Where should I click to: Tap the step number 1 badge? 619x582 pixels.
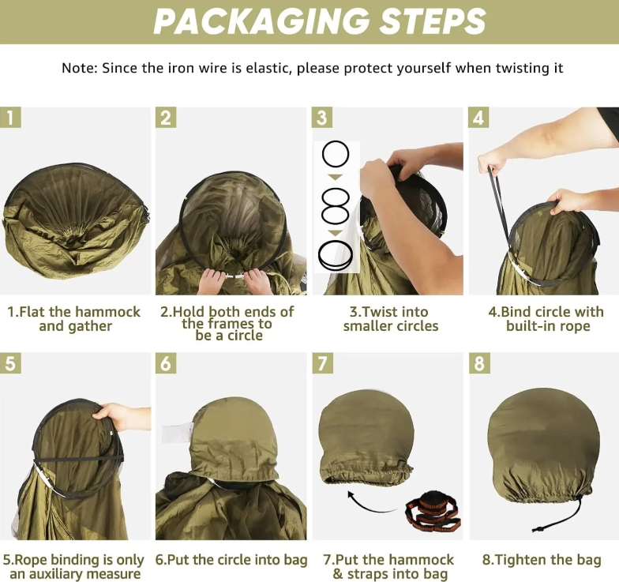pos(11,118)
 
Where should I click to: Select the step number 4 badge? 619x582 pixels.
pos(478,118)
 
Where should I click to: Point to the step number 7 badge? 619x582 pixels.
pos(322,363)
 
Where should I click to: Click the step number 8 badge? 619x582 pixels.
pos(479,363)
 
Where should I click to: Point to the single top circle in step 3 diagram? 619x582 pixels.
pos(336,154)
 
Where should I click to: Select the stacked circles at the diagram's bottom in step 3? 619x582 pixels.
pos(336,255)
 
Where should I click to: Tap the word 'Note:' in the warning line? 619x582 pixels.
pos(80,68)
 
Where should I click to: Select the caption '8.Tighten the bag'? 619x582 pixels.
pos(542,559)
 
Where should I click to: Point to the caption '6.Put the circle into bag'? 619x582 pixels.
pos(231,559)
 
